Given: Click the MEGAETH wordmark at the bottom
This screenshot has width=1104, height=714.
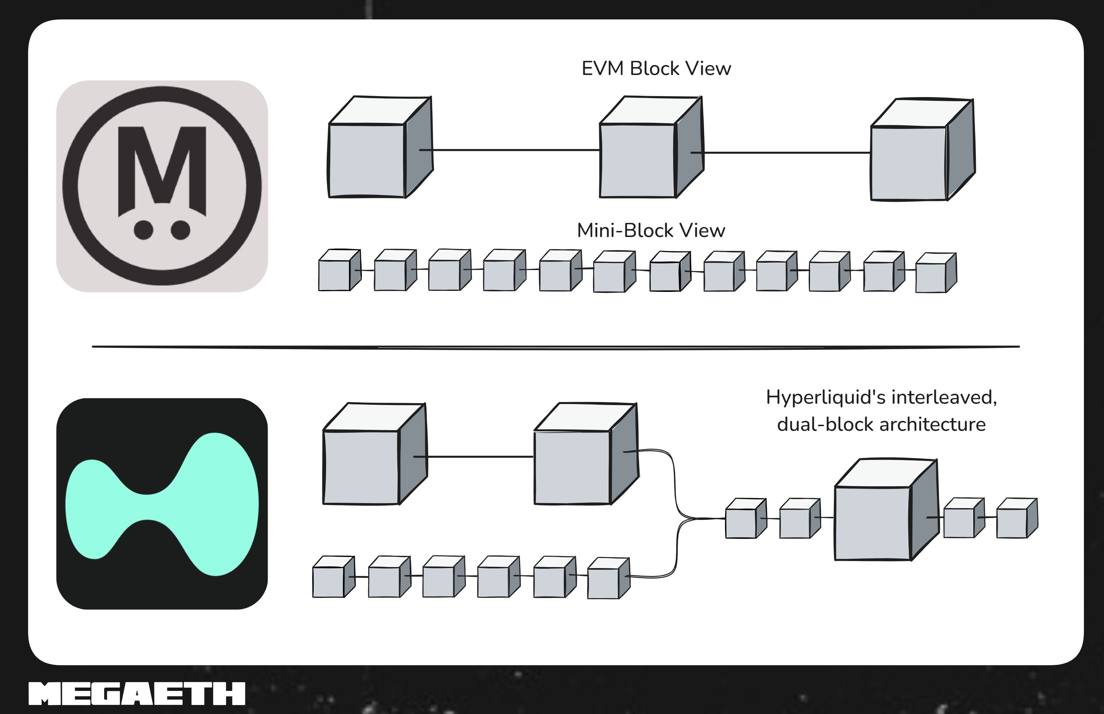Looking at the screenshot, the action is (137, 694).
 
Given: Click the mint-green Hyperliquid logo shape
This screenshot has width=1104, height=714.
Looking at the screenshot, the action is (162, 504).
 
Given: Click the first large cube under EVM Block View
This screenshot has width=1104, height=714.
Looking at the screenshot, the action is (381, 147).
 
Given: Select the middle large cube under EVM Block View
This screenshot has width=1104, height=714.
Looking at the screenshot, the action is (651, 147).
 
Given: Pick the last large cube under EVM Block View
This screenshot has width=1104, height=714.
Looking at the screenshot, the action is (923, 149).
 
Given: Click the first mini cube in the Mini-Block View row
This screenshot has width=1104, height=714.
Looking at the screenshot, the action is (339, 270).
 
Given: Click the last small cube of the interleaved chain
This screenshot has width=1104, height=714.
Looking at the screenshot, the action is (1017, 518).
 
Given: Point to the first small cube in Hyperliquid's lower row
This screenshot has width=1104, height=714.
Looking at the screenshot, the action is (334, 577).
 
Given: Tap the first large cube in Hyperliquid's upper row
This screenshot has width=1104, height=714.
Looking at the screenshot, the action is (375, 454).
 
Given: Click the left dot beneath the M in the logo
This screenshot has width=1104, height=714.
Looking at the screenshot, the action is (143, 230).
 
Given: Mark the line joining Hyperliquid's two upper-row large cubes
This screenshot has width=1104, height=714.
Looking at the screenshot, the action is (473, 457).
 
